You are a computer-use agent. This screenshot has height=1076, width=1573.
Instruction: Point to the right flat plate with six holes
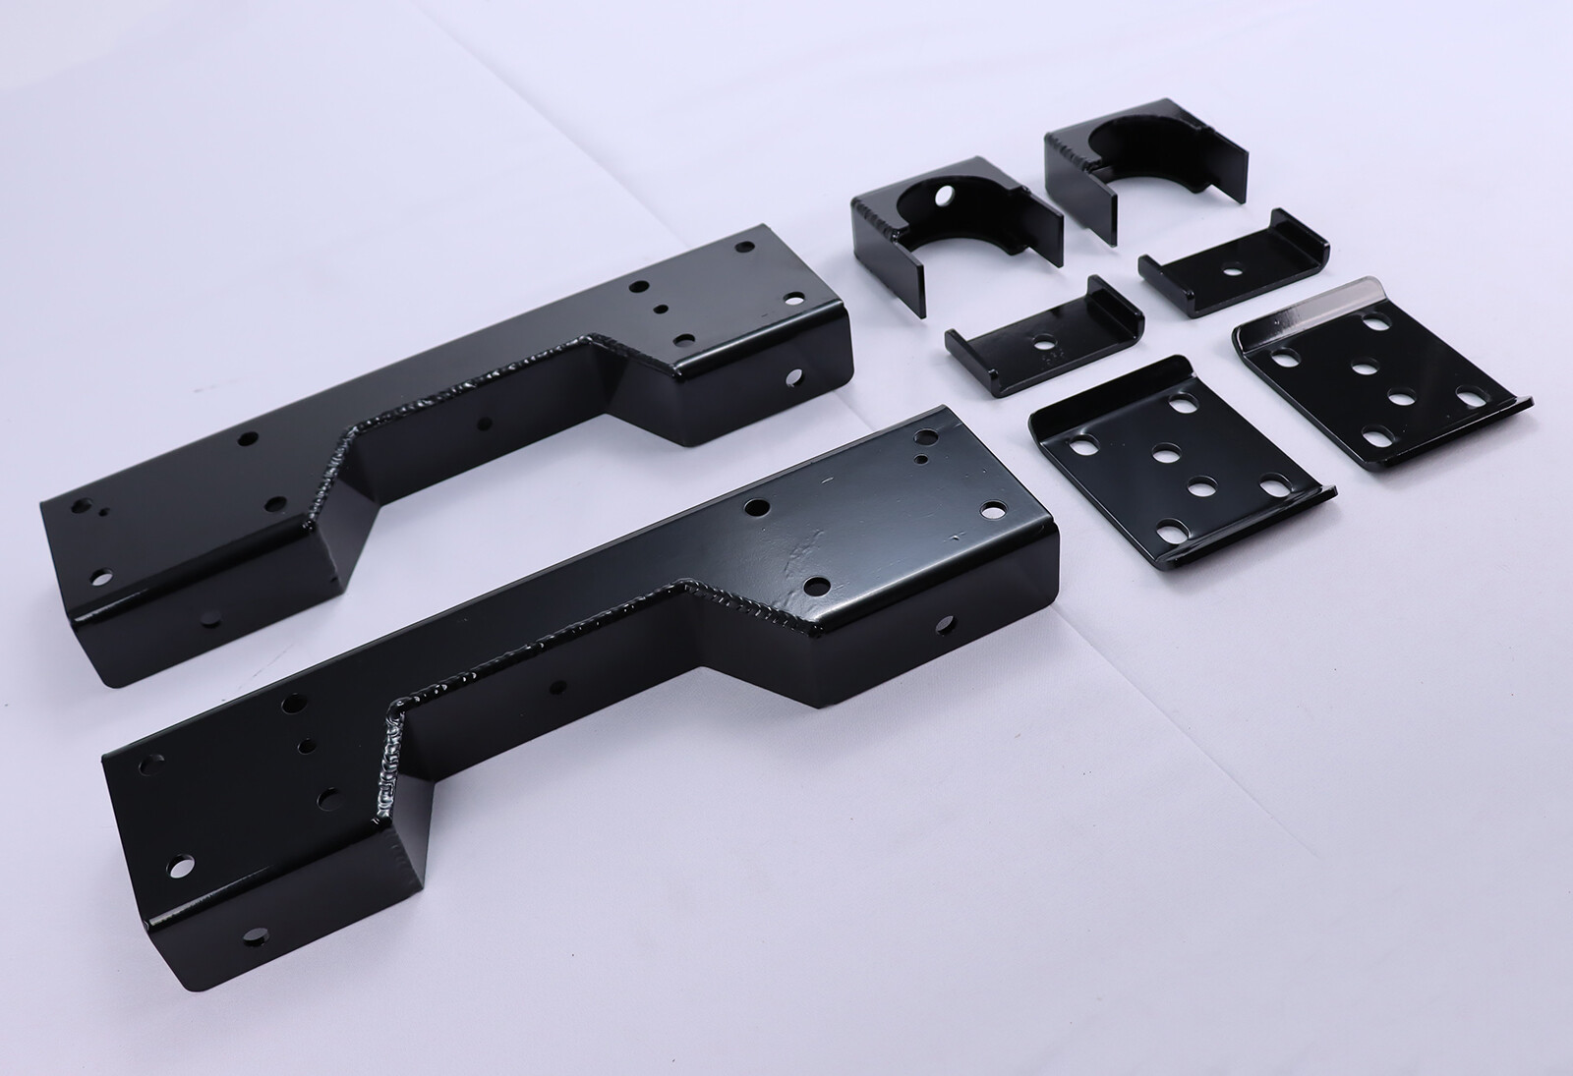(1376, 393)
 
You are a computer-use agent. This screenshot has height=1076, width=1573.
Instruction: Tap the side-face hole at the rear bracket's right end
(795, 375)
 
